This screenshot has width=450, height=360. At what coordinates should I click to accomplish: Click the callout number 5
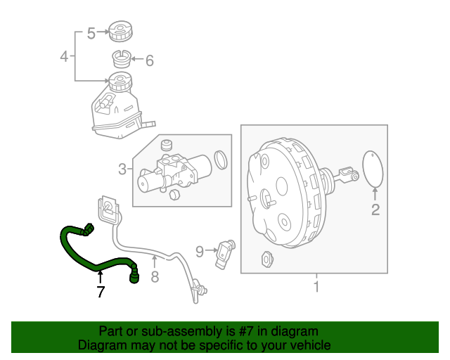(91, 33)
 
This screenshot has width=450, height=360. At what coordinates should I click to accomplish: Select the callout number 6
(149, 61)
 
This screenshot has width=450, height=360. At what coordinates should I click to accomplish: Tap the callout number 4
(64, 56)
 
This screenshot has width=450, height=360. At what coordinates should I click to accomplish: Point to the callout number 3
(122, 169)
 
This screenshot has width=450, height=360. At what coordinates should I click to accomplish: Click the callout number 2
(375, 209)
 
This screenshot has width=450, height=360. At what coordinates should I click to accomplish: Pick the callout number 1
(316, 286)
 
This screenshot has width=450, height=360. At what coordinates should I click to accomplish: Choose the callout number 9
(200, 250)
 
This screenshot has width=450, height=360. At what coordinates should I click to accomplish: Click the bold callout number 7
(101, 292)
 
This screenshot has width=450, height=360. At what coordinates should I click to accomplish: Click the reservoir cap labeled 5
(120, 32)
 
